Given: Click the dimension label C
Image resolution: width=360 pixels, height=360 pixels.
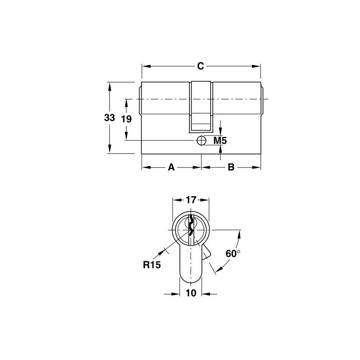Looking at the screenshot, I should tap(201, 66).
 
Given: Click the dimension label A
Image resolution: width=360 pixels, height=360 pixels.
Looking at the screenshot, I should tap(171, 168).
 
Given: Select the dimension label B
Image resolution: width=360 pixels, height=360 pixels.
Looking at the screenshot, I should tap(231, 168).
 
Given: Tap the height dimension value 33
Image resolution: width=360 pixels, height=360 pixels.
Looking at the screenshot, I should tap(109, 118).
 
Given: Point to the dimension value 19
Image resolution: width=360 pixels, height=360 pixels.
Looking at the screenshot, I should tap(126, 119).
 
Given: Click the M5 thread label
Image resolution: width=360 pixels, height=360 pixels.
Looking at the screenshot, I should tap(220, 141).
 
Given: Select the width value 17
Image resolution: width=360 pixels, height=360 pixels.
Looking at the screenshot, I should tap(191, 199).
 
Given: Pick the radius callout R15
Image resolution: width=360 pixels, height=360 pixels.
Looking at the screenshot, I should tap(152, 265).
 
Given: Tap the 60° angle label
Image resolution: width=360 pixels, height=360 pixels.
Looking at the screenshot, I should tap(232, 254).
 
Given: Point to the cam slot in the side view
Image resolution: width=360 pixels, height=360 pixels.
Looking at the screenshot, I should tap(201, 106).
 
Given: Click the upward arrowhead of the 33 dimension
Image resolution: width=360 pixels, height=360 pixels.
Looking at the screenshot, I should tap(109, 85).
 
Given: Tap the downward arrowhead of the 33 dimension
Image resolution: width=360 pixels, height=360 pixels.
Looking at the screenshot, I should tap(109, 150).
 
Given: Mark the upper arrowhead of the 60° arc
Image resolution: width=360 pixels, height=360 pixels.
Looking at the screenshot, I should tap(240, 233).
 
